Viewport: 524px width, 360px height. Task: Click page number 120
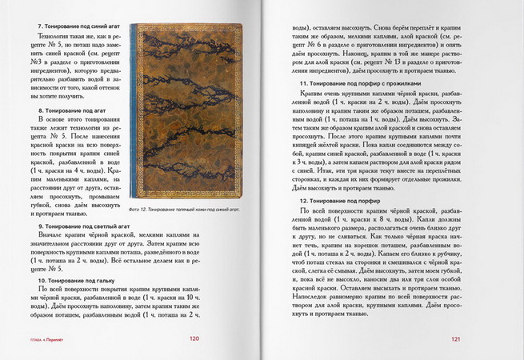(x=193, y=338)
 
